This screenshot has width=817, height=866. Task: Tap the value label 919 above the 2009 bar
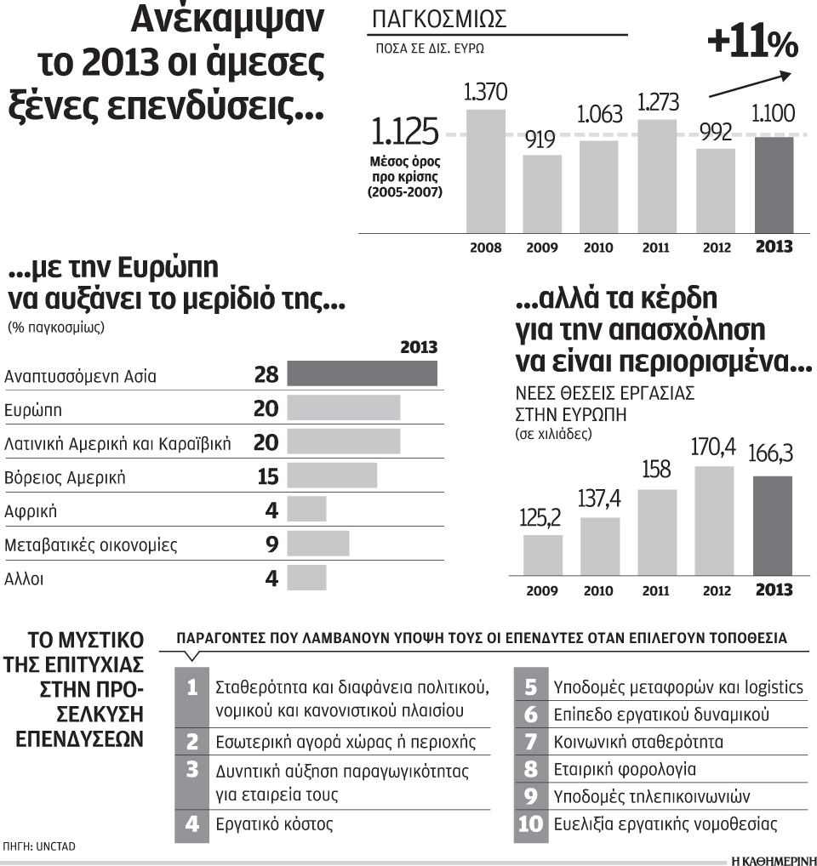tap(541, 140)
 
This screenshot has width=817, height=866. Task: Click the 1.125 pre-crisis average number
tap(405, 133)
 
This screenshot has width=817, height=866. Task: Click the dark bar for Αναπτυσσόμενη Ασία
tap(362, 374)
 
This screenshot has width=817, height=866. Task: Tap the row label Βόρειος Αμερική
tap(66, 477)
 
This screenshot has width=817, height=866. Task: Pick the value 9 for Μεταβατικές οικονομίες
tap(271, 544)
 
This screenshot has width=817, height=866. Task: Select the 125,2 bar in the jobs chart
tap(542, 554)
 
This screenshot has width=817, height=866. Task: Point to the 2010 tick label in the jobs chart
tap(600, 590)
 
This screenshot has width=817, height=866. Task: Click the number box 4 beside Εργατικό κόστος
tap(192, 823)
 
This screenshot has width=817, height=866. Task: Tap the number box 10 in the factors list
tap(530, 823)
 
